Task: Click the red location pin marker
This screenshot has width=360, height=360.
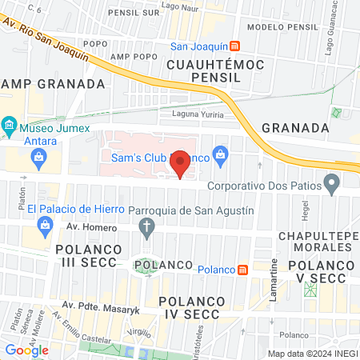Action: (x=181, y=164)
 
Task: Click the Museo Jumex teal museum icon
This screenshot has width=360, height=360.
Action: (x=9, y=125)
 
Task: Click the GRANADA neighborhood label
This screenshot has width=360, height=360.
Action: (x=295, y=127)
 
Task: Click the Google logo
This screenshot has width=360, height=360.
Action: (x=26, y=350)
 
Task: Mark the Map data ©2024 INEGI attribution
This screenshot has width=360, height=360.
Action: (x=311, y=354)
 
